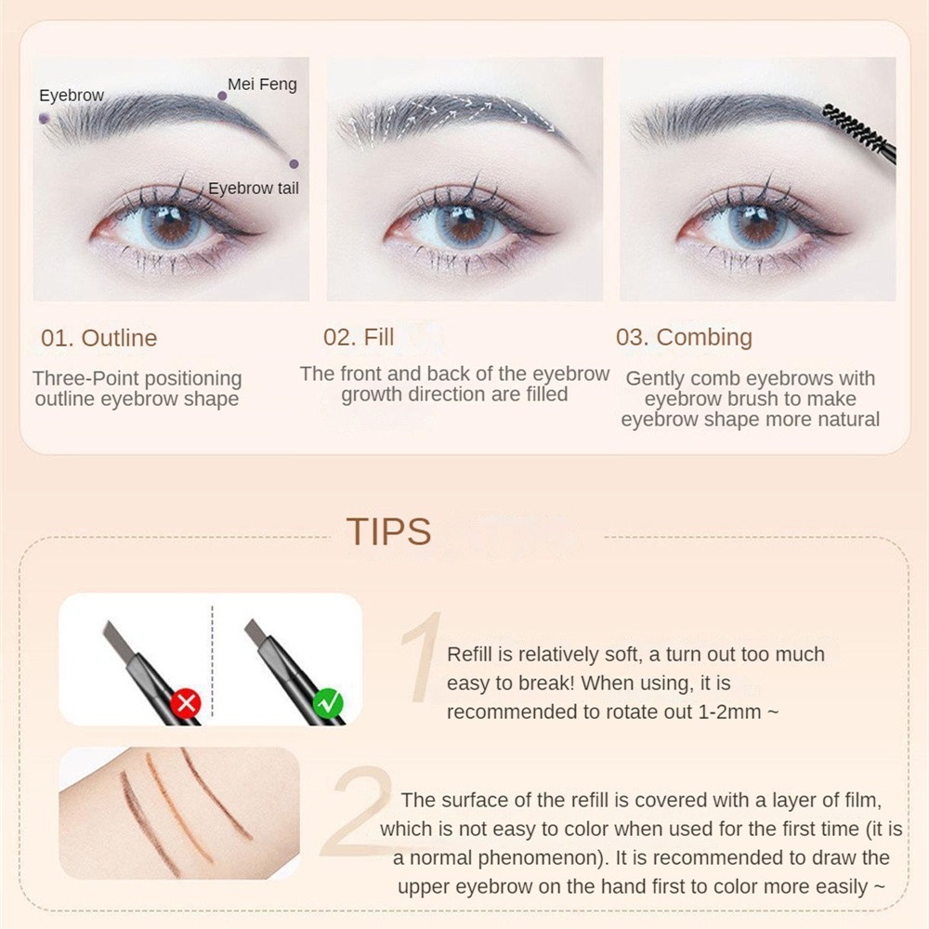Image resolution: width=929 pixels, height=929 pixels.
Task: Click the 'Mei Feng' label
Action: pyautogui.click(x=262, y=85)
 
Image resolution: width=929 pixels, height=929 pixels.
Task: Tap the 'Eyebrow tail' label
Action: pyautogui.click(x=253, y=189)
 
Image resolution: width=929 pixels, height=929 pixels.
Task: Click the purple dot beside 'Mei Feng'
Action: pyautogui.click(x=222, y=96)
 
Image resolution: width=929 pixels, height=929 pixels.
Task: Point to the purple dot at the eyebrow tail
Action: pyautogui.click(x=294, y=164)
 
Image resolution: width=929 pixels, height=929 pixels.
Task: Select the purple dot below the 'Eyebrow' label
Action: pyautogui.click(x=44, y=119)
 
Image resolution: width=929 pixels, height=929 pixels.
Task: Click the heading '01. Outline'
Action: pyautogui.click(x=99, y=338)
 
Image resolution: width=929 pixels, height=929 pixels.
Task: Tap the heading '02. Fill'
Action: pyautogui.click(x=359, y=337)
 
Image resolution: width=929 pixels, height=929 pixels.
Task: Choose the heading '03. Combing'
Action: pyautogui.click(x=684, y=338)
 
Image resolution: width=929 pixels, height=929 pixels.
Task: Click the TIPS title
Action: pyautogui.click(x=388, y=531)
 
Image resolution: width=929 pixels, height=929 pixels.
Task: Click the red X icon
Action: pyautogui.click(x=186, y=703)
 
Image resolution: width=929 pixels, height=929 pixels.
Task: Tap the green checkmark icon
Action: pyautogui.click(x=328, y=703)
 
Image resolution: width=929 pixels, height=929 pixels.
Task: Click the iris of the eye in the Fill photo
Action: pyautogui.click(x=463, y=228)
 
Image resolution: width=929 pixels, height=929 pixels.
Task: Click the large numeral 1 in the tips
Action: pyautogui.click(x=422, y=658)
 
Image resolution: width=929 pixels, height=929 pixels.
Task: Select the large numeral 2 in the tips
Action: pyautogui.click(x=357, y=812)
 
